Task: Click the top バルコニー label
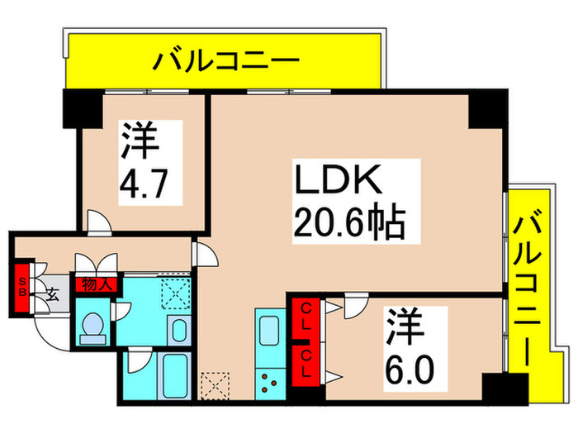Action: pos(222,61)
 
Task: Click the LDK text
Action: pos(337,180)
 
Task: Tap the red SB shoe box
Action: pos(23,285)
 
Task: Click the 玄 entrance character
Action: pos(51,293)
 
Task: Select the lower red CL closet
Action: pos(305,362)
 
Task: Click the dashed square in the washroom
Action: pos(176,291)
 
